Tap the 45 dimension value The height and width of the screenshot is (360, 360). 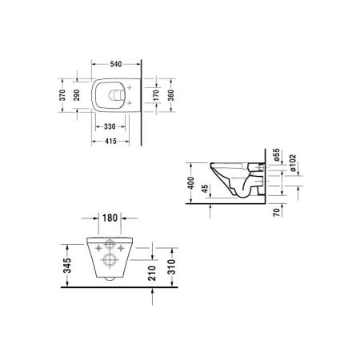tap(206, 190)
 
